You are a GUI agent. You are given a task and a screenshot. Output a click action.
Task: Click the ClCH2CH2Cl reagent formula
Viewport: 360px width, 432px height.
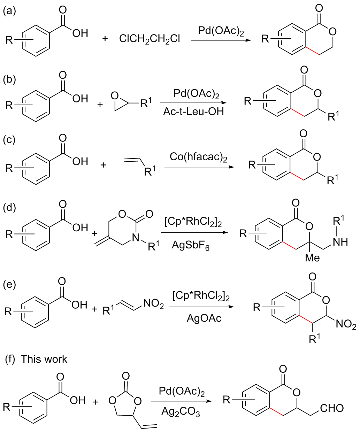(150, 38)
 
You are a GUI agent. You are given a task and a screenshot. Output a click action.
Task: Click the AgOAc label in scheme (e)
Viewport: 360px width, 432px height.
(204, 318)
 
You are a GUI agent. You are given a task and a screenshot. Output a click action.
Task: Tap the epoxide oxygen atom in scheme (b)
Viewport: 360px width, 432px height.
(115, 94)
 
